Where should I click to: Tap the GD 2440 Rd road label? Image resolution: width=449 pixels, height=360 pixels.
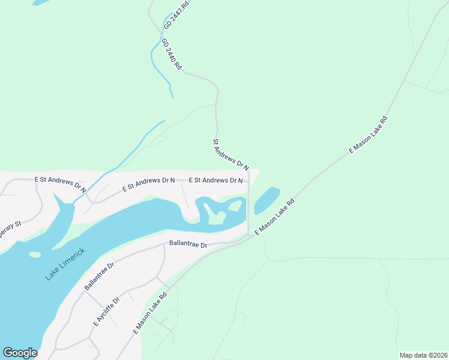coord(171,55)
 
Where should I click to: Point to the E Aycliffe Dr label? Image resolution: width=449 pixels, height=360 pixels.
coord(106,311)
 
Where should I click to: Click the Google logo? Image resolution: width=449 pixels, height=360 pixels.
coord(20,353)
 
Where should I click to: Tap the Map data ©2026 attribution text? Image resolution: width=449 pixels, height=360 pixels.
coord(423,355)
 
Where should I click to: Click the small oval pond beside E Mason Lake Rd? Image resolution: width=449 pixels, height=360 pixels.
coord(267,200)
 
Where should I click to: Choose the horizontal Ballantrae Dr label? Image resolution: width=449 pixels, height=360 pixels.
coord(188,245)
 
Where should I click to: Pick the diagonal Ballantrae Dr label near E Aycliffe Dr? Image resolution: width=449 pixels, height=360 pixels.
coord(99,276)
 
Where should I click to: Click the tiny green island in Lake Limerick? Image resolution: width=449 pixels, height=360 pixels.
coord(35,254)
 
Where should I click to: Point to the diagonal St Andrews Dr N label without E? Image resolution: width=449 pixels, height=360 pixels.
coord(231,154)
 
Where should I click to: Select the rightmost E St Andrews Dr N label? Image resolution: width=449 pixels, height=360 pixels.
coord(215,180)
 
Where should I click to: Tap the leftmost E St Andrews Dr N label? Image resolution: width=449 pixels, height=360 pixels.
coord(60,183)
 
